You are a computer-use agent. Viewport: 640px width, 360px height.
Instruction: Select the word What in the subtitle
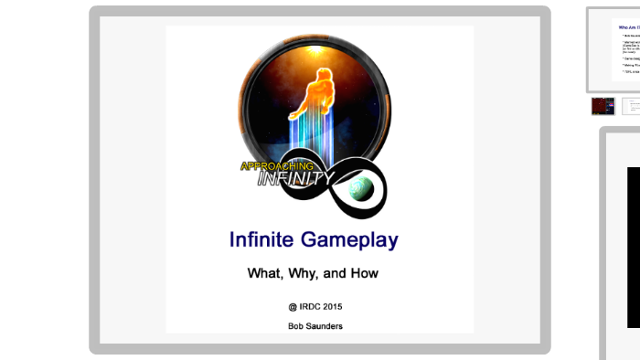tap(266, 272)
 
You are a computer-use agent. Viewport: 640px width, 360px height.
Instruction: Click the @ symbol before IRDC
tap(293, 306)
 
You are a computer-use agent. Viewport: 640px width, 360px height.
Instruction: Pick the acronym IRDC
tap(311, 306)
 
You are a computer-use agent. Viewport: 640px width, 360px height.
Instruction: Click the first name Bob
tap(297, 325)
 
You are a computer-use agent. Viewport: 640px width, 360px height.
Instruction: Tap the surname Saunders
tap(326, 325)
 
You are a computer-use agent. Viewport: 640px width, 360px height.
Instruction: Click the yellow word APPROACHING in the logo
tap(276, 166)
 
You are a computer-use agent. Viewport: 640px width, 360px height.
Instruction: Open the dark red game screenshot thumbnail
tap(603, 106)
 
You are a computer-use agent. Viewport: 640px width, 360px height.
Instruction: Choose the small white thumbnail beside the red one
tap(631, 106)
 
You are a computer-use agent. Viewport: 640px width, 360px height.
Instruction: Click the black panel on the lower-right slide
tap(633, 247)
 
